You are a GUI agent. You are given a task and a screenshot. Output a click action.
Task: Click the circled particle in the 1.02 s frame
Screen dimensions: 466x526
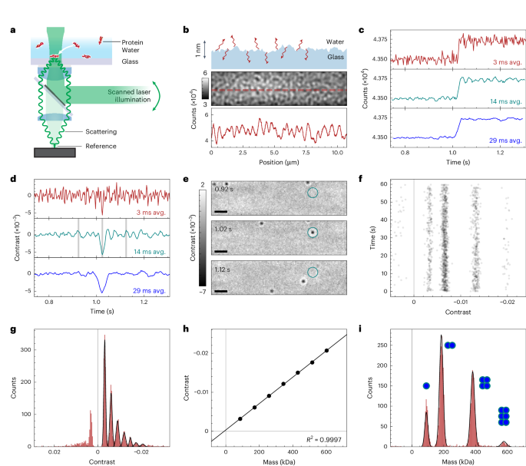[x=312, y=233]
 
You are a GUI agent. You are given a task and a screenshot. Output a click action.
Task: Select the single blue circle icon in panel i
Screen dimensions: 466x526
[x=426, y=385]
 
